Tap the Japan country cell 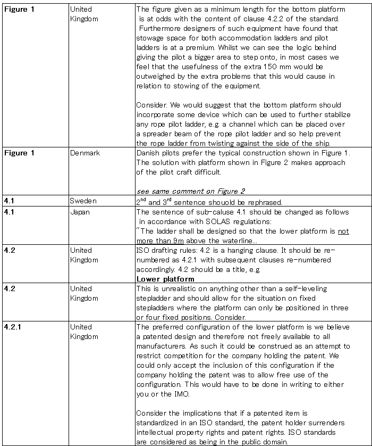click(x=80, y=212)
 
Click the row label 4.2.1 click(x=13, y=327)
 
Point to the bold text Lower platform click(x=165, y=279)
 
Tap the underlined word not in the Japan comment click(x=343, y=232)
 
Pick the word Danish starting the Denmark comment click(x=148, y=153)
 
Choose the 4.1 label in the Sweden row click(x=9, y=201)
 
